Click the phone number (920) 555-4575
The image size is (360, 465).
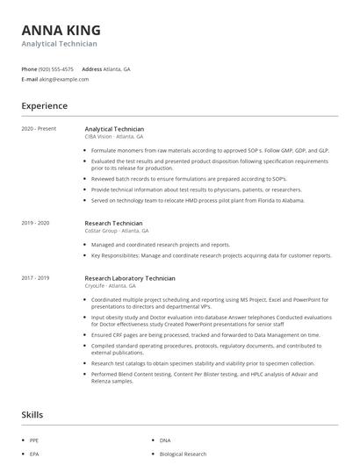pos(57,68)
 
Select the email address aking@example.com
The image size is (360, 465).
pos(64,79)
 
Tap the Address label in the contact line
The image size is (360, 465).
pos(91,68)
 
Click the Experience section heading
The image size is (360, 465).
pos(44,106)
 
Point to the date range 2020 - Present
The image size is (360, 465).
pos(39,129)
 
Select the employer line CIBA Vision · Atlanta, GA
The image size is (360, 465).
pos(114,137)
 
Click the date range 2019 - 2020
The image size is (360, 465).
pos(35,223)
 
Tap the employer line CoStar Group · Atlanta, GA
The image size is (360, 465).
pos(117,231)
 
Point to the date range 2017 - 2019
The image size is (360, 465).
pos(35,278)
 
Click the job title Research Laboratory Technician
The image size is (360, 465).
pos(130,278)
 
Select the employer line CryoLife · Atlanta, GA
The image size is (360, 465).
pos(111,286)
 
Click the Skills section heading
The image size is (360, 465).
pos(33,413)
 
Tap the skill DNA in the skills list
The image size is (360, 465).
pos(165,440)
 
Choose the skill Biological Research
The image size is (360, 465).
pos(183,454)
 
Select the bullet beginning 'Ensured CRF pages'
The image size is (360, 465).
pos(205,334)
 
